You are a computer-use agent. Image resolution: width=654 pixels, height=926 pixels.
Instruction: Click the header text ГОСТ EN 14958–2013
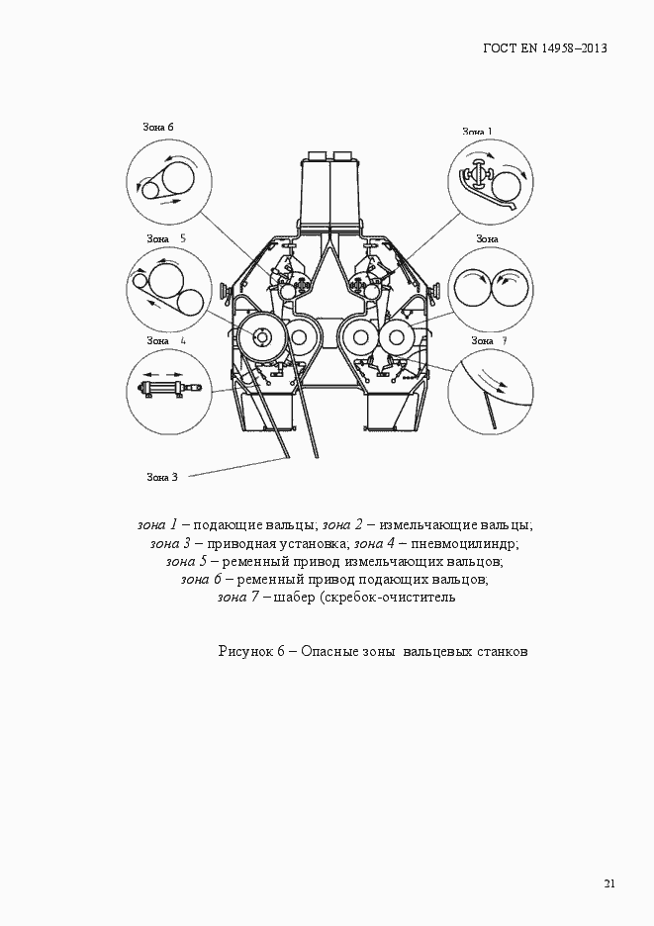pyautogui.click(x=544, y=48)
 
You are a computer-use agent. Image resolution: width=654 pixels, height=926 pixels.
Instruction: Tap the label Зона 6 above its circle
pyautogui.click(x=158, y=127)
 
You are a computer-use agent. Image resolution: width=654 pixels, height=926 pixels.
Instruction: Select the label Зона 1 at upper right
pyautogui.click(x=477, y=132)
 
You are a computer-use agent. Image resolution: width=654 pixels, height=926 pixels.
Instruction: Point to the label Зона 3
pyautogui.click(x=162, y=477)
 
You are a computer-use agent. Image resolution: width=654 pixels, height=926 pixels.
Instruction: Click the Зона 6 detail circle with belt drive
pyautogui.click(x=169, y=180)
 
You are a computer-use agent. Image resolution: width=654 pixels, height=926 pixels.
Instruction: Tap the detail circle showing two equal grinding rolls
pyautogui.click(x=490, y=290)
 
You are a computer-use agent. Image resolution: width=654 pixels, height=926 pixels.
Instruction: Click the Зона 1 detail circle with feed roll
pyautogui.click(x=490, y=182)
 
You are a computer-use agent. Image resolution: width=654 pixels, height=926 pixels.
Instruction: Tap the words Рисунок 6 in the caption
pyautogui.click(x=251, y=651)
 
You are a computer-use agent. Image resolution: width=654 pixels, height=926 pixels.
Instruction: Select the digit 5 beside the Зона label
pyautogui.click(x=183, y=238)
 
